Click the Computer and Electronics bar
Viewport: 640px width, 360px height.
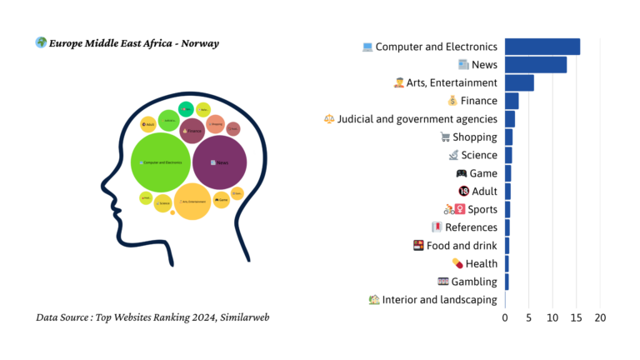pos(542,47)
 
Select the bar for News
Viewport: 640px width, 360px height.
pos(535,65)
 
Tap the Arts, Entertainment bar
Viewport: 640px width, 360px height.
pos(519,82)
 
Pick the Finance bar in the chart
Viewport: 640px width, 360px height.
pos(512,101)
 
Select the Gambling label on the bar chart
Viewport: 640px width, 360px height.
pos(474,282)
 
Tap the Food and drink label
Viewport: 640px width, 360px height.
pos(462,246)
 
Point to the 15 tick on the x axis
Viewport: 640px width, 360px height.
pos(576,317)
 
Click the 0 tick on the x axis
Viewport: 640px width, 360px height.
pos(505,317)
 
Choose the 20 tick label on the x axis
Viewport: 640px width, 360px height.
pos(600,317)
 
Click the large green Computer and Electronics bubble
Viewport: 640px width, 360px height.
pos(161,162)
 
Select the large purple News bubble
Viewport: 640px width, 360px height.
pos(219,162)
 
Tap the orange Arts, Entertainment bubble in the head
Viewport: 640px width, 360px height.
pos(192,202)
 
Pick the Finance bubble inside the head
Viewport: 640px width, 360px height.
pos(192,131)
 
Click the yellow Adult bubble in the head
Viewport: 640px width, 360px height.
pos(148,124)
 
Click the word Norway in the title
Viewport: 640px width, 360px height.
pos(199,43)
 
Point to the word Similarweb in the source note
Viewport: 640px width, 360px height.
pos(242,317)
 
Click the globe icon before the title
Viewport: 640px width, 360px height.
pos(41,42)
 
